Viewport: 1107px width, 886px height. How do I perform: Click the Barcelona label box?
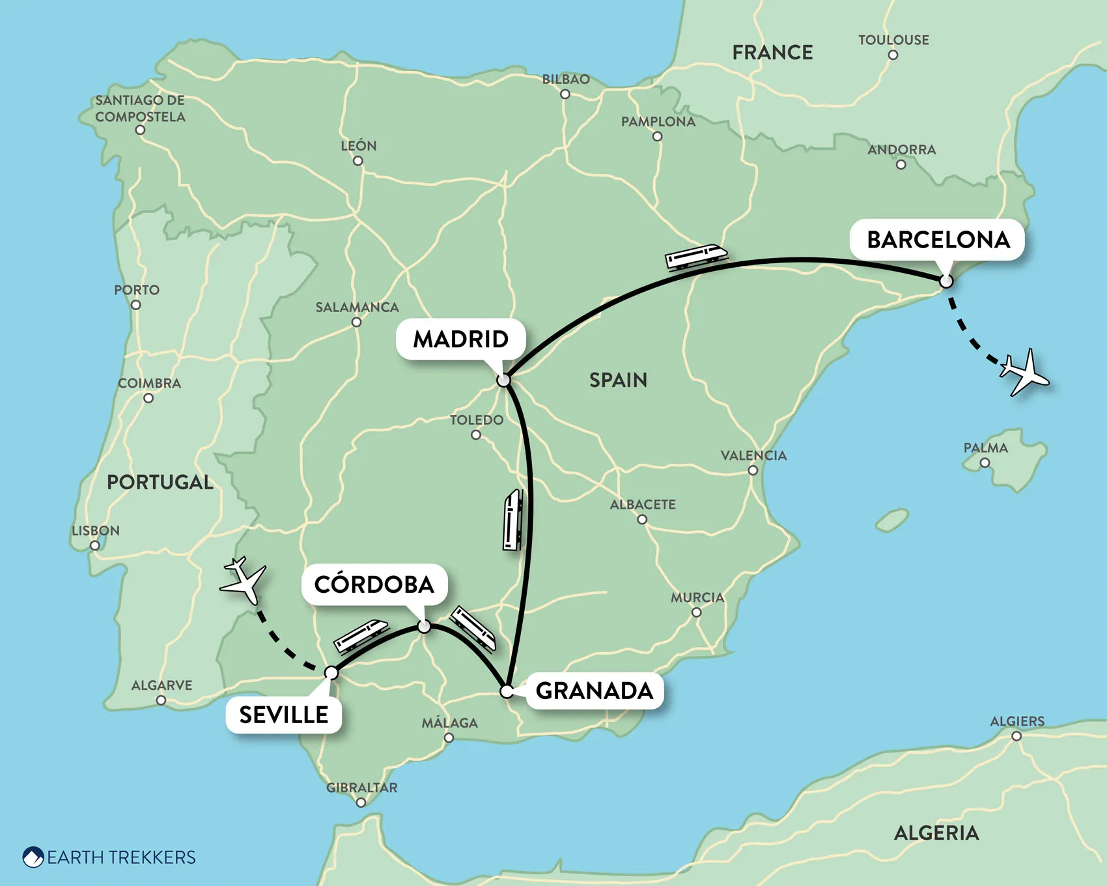click(938, 240)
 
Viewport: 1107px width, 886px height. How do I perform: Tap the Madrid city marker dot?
click(503, 380)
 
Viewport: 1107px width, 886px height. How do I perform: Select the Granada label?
click(594, 691)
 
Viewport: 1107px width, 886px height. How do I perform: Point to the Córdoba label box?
click(374, 584)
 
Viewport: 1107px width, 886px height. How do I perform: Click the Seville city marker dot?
click(331, 672)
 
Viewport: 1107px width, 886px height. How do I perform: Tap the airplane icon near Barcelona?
click(1024, 373)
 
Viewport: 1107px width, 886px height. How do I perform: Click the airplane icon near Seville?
click(244, 580)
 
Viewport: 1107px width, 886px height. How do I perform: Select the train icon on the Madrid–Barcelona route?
click(695, 256)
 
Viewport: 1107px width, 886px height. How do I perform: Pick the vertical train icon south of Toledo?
click(513, 521)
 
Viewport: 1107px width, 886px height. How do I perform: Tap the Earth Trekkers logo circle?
click(33, 857)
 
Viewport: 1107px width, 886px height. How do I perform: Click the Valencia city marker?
click(753, 470)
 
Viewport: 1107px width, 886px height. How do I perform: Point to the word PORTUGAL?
click(160, 482)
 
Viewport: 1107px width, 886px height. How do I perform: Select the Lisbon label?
click(96, 530)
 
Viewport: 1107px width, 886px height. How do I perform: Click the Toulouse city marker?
click(893, 55)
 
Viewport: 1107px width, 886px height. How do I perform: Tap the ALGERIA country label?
click(936, 833)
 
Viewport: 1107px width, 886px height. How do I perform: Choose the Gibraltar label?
click(361, 788)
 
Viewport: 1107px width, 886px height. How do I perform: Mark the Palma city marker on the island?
click(985, 463)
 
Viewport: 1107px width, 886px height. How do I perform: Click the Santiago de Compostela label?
click(140, 109)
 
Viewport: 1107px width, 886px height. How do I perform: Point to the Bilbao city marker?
click(565, 94)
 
